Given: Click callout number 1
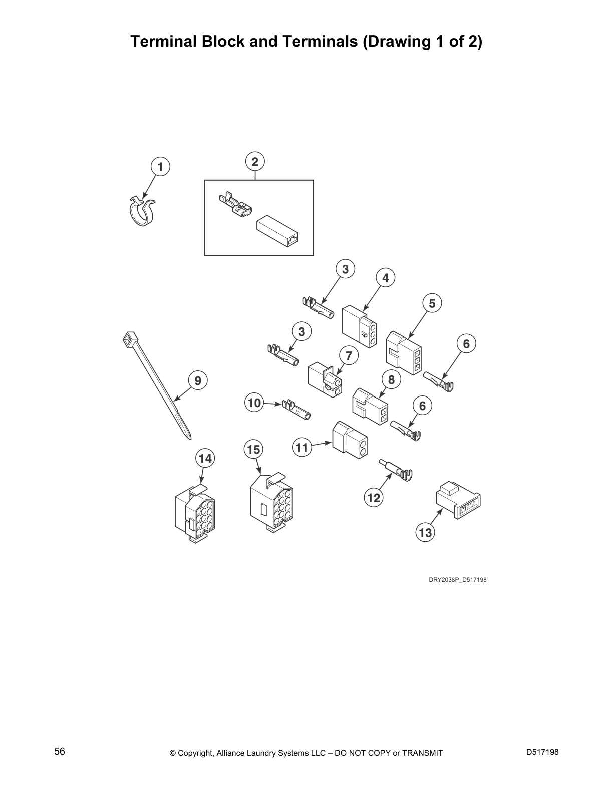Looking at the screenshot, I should tap(160, 167).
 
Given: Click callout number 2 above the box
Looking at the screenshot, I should tap(255, 162).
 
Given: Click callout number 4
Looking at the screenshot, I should tap(385, 278).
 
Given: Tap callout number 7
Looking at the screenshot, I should tap(349, 356).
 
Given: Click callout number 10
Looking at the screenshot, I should tap(254, 403).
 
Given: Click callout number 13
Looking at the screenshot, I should tap(425, 532).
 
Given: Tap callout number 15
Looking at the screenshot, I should tap(254, 450).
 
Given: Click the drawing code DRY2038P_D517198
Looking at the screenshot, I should tap(457, 580).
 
